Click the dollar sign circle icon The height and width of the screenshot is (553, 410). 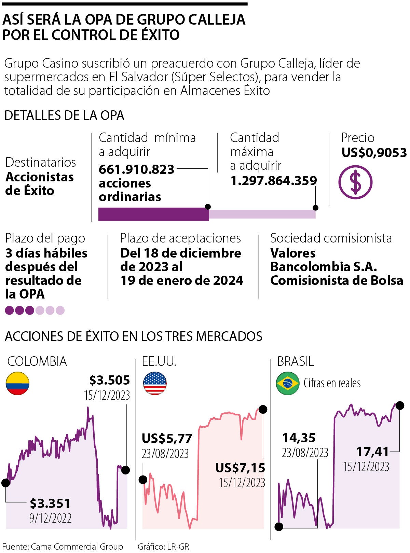tap(355, 182)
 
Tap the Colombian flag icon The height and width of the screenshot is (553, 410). tap(17, 383)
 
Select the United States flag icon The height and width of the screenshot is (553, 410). tap(155, 383)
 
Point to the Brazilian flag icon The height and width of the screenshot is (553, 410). tap(288, 383)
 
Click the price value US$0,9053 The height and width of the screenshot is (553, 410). tap(374, 153)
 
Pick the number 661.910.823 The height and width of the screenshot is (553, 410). tap(137, 169)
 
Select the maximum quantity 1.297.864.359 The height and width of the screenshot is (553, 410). tap(274, 180)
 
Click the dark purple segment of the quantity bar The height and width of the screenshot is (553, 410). tap(153, 214)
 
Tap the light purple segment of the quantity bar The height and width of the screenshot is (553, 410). tap(262, 214)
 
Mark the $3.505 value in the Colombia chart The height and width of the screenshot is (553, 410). tap(109, 380)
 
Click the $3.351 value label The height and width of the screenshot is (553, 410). tap(50, 503)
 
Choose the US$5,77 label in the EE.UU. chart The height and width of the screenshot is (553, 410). tap(167, 438)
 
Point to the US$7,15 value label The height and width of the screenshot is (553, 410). tap(240, 468)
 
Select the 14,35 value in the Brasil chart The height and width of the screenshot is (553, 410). tap(299, 438)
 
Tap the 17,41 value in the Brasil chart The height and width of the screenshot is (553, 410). tap(372, 452)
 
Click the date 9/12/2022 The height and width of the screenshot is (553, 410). tap(51, 518)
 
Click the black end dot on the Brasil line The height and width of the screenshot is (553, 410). tap(399, 405)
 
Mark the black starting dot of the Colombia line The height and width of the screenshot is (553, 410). tap(5, 483)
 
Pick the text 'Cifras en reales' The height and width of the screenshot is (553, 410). tap(332, 383)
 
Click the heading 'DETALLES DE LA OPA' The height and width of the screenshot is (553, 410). tap(64, 115)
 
